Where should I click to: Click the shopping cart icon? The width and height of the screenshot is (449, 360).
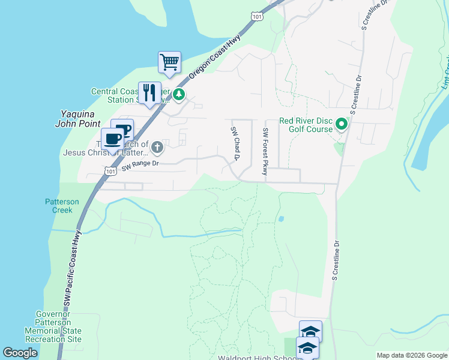click(170, 62)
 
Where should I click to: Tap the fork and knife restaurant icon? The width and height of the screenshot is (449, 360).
click(149, 92)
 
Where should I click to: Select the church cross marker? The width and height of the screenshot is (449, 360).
click(157, 146)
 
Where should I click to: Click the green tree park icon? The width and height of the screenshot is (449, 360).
click(179, 94)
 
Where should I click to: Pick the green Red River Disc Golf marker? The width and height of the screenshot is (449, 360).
click(342, 124)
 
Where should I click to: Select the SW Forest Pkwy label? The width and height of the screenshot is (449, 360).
click(265, 152)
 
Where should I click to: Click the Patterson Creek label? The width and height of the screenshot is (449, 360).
click(62, 206)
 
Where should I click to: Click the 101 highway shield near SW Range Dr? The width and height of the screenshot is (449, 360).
click(109, 172)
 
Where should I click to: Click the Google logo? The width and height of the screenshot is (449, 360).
click(20, 353)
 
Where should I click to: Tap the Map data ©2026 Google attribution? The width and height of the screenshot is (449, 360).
click(412, 355)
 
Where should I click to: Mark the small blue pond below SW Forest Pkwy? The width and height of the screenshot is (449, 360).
click(280, 219)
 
